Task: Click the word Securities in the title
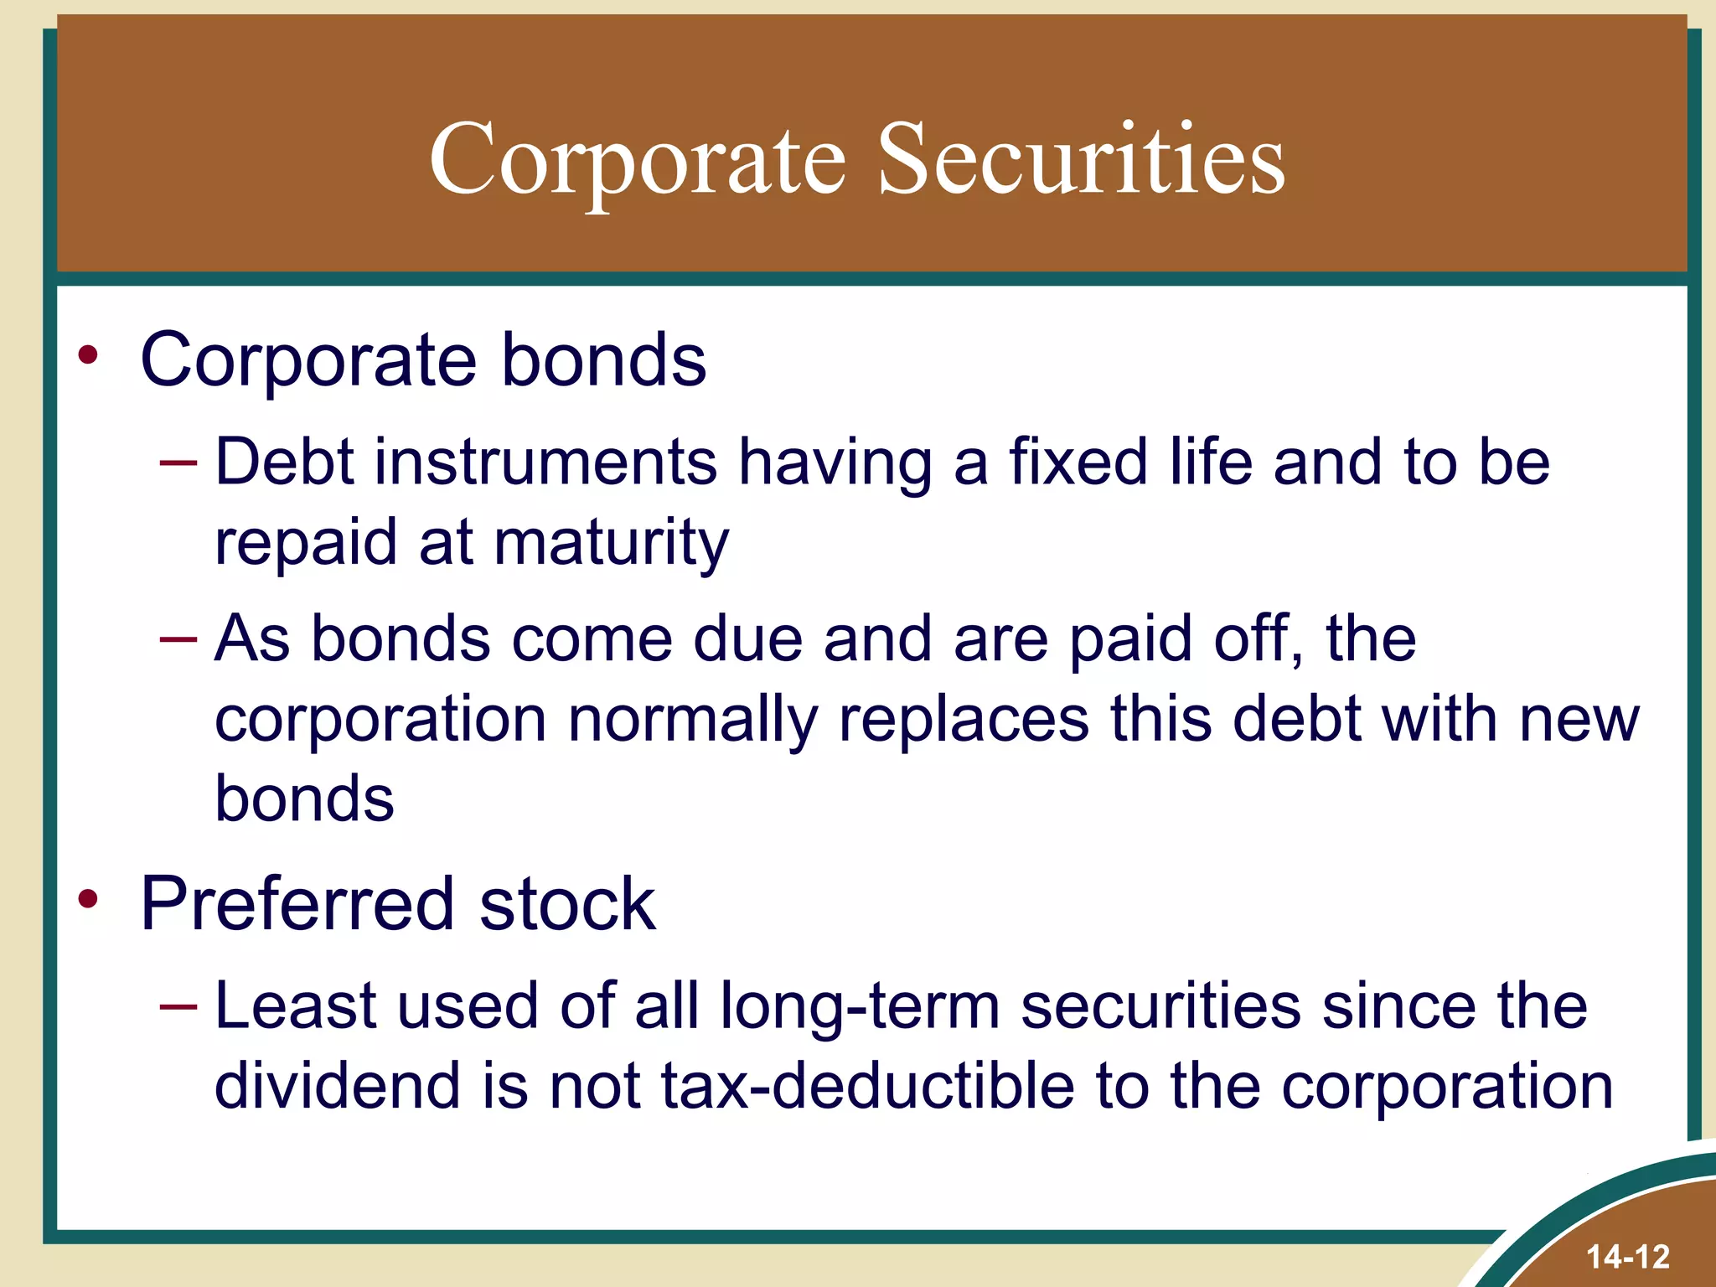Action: tap(1081, 159)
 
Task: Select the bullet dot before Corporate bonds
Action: tap(88, 355)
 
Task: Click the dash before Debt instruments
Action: tap(178, 462)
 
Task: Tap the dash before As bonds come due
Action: tap(178, 639)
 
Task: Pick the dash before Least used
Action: tap(178, 1005)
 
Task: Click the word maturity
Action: tap(612, 543)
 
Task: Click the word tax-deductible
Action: tap(868, 1085)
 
